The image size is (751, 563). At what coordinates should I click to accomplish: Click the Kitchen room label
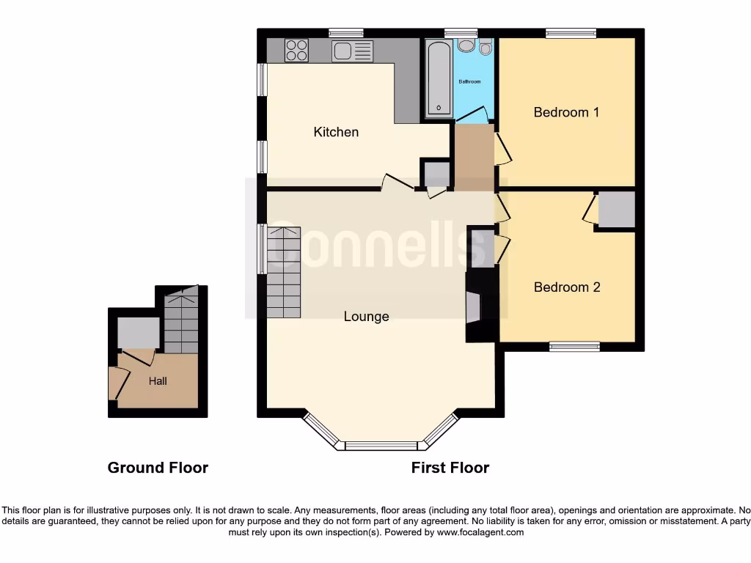point(336,132)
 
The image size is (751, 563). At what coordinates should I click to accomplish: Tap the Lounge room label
point(366,317)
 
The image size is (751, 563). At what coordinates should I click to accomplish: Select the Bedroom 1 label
point(566,112)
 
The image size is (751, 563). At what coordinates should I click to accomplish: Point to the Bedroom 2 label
point(567,287)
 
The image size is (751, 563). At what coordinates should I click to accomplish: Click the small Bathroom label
point(469,81)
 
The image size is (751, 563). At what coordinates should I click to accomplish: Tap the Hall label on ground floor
point(158,381)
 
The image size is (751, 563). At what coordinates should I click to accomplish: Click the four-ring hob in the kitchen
point(296,51)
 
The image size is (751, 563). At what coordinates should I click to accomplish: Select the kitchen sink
point(352,51)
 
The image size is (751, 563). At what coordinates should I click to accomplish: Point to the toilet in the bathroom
point(486,48)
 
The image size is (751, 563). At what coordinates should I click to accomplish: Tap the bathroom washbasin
point(466,46)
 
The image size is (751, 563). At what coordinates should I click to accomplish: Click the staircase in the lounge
point(284,272)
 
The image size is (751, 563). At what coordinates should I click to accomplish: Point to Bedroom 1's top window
point(571,33)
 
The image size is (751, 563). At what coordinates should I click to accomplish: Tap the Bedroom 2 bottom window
point(574,347)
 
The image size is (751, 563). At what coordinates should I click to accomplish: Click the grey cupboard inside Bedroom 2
point(616,210)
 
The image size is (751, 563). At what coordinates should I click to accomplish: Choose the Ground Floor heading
point(158,468)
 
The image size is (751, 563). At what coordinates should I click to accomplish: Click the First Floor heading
point(450,468)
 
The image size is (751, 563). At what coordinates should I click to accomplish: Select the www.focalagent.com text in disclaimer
point(480,533)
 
